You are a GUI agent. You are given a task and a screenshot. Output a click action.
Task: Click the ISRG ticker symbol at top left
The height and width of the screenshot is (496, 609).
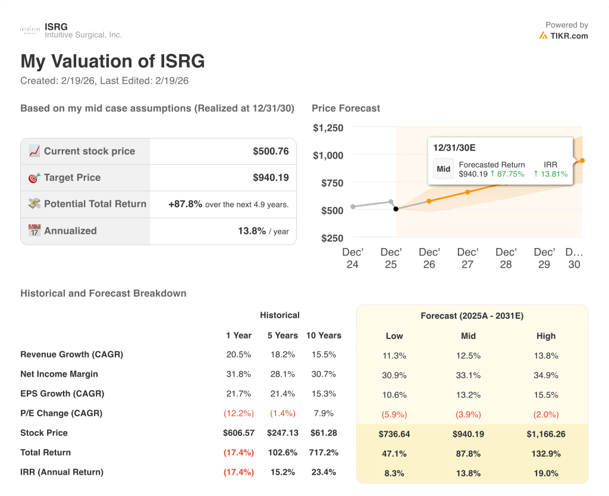point(56,27)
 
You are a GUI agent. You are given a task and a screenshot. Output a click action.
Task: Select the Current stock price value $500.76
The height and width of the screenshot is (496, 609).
point(271,151)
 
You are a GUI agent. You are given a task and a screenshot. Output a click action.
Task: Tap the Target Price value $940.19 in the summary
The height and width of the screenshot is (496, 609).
point(271,177)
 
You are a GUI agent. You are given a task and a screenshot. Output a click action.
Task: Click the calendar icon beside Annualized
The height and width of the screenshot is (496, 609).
point(34,231)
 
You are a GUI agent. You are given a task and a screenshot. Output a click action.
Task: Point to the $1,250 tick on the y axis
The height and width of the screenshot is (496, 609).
point(328,128)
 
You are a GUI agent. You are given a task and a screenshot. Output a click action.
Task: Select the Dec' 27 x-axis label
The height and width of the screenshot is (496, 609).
point(467,258)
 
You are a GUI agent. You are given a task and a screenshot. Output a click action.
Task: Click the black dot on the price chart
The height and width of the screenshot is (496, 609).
point(396,209)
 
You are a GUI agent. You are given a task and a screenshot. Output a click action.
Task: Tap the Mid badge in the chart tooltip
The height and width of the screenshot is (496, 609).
point(443,169)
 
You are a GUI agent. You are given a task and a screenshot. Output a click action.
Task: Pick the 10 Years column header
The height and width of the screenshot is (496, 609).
point(324,335)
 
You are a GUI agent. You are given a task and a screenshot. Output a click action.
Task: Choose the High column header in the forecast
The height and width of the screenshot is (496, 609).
point(545,336)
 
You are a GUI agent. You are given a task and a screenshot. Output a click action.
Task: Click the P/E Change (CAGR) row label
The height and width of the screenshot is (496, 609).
point(61,413)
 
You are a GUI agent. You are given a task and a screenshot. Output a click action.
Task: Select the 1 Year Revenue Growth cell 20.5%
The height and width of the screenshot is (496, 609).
point(238,354)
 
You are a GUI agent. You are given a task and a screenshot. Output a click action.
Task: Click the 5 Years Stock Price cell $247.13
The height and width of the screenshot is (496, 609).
point(282,433)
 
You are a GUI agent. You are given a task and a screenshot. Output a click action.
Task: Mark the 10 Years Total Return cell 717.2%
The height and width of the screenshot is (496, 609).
point(324,453)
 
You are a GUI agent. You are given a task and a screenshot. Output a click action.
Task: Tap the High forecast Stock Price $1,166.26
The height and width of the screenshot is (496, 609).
point(545,434)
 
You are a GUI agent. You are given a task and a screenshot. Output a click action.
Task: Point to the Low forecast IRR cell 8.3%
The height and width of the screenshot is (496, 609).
point(394,473)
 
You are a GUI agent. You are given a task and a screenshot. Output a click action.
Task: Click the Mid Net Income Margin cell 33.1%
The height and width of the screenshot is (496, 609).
point(468,375)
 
